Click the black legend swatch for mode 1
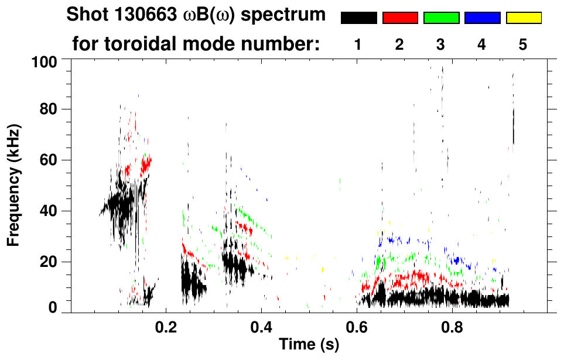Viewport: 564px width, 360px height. (359, 18)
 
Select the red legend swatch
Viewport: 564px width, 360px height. (400, 18)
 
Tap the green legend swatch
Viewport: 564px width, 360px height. (441, 18)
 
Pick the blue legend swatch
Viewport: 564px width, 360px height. (482, 18)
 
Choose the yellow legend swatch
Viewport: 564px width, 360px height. (523, 18)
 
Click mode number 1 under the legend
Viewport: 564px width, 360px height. (358, 44)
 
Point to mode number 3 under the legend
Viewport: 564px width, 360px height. (440, 44)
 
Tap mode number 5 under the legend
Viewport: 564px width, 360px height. (523, 44)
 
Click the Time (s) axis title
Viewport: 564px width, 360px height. (308, 345)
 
